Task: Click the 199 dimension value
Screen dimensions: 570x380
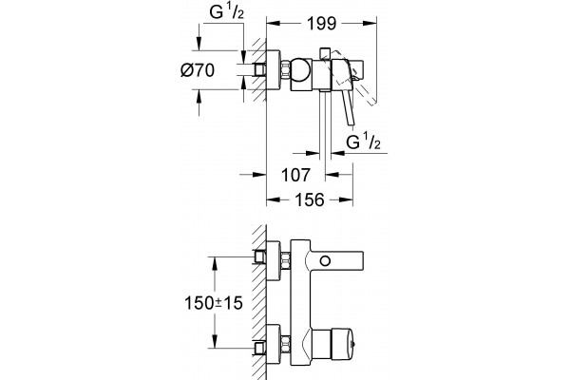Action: (x=322, y=24)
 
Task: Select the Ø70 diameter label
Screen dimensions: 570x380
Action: (x=198, y=69)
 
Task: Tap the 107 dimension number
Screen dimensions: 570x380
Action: (x=295, y=175)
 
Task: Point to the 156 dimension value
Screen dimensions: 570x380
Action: (x=310, y=199)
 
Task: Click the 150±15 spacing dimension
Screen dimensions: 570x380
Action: (x=214, y=303)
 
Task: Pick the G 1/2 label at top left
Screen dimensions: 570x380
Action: (x=226, y=12)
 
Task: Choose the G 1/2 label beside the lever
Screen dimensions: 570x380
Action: (x=363, y=142)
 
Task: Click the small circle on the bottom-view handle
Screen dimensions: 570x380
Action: (x=325, y=260)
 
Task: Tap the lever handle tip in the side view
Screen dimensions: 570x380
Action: (x=351, y=123)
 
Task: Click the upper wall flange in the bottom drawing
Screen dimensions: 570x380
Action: (x=274, y=261)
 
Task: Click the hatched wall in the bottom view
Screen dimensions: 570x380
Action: (x=259, y=302)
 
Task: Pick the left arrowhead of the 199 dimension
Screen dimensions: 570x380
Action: (x=274, y=24)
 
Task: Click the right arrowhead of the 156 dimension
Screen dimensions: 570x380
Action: (x=346, y=199)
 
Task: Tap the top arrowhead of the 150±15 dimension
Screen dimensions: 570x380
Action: (x=216, y=264)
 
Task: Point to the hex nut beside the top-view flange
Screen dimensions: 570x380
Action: (x=286, y=69)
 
